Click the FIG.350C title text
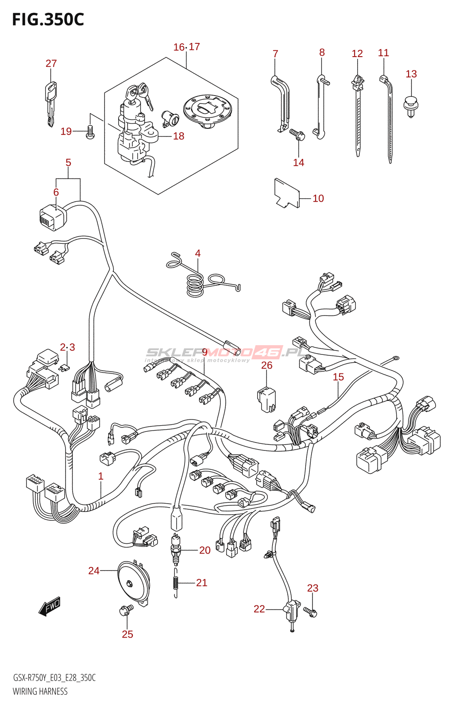tap(48, 19)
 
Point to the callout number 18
tap(179, 136)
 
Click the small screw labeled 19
tap(90, 132)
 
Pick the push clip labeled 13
tap(411, 106)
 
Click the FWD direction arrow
tap(49, 607)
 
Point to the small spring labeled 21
tap(176, 583)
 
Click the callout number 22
tap(259, 609)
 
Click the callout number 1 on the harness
tap(101, 477)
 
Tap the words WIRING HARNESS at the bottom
tap(40, 692)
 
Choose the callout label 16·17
tap(186, 47)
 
